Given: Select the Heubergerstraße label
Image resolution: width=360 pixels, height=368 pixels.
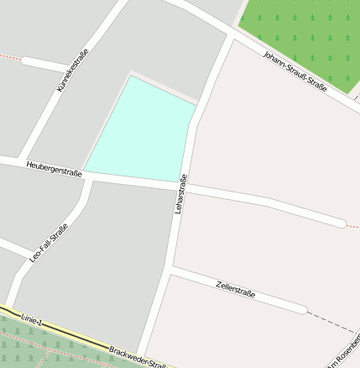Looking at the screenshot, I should [x=54, y=169].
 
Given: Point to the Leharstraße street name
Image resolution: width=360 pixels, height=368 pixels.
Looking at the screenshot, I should [x=180, y=194].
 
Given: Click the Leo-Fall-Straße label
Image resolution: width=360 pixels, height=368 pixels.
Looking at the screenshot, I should [x=49, y=242].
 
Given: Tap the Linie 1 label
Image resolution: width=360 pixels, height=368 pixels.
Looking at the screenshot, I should [x=32, y=318].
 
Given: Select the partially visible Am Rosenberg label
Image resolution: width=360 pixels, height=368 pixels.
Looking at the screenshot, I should [x=346, y=352].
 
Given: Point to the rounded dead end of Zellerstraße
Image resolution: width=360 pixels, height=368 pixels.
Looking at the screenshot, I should [x=300, y=308].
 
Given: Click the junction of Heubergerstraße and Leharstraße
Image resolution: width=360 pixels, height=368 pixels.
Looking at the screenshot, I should [x=180, y=183].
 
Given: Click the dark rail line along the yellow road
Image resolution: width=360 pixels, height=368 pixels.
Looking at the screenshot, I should [x=67, y=333].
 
